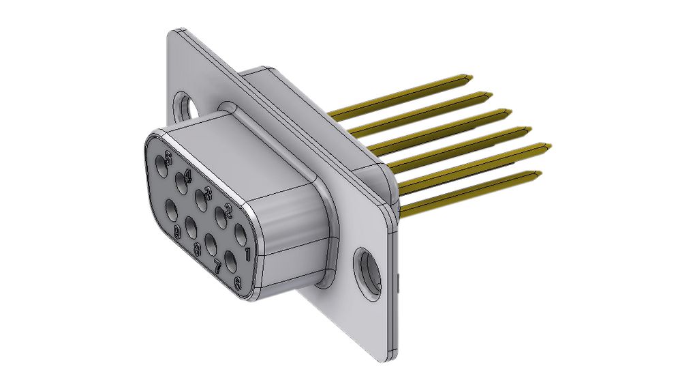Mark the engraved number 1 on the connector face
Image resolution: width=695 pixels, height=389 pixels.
(x=247, y=255)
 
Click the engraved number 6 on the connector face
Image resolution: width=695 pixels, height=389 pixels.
(x=237, y=283)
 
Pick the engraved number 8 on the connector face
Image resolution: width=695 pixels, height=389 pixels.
(x=198, y=250)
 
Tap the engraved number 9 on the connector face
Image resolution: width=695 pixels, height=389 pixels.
(x=177, y=233)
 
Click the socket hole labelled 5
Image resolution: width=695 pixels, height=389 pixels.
(x=161, y=163)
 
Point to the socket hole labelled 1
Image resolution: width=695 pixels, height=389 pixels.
(x=241, y=235)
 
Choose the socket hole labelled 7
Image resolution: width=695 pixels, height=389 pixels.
(x=211, y=242)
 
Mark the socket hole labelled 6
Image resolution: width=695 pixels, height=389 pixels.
(x=230, y=260)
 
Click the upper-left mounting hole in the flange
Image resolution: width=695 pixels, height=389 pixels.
(x=185, y=105)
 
